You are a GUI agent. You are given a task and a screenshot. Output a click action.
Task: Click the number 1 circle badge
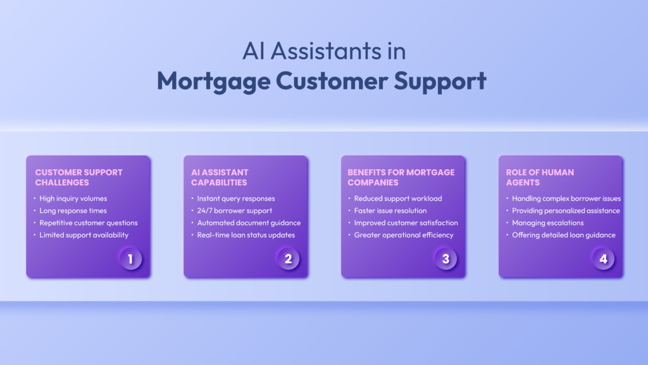click(131, 259)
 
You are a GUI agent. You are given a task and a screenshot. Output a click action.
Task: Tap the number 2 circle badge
click(288, 259)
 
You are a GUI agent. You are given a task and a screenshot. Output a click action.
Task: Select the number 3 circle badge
click(445, 259)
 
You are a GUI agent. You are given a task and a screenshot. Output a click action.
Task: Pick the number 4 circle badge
click(603, 259)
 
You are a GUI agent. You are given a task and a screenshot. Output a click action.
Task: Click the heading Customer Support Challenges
click(78, 177)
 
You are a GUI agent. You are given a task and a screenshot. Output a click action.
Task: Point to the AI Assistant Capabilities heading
click(220, 177)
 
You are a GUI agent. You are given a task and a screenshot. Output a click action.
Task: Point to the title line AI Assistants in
click(324, 51)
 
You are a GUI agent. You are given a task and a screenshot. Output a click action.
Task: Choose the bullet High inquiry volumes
click(73, 198)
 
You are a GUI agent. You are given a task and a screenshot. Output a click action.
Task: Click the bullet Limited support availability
click(84, 235)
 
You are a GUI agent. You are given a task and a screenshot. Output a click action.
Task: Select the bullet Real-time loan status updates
click(246, 235)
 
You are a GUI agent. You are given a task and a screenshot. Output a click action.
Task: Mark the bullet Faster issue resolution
click(390, 210)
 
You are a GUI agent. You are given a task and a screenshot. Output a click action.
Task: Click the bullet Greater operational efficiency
click(404, 235)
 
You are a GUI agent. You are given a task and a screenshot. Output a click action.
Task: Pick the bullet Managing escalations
click(548, 222)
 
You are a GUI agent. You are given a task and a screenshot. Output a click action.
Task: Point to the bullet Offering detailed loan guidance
click(563, 235)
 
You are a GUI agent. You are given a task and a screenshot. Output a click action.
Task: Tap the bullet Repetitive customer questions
click(88, 222)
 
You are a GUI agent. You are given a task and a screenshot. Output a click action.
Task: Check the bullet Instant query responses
click(235, 198)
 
